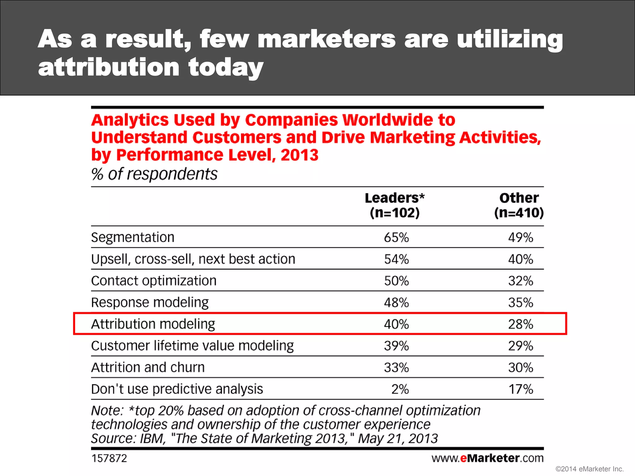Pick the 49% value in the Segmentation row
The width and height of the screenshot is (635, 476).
[520, 238]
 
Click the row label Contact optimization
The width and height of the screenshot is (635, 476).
[154, 281]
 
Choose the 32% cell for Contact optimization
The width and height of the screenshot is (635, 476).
[520, 281]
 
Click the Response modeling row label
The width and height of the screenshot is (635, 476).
[150, 302]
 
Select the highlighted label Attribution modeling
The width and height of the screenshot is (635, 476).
[153, 324]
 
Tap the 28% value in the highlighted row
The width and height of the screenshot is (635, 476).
[520, 324]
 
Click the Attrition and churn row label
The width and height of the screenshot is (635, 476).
[148, 368]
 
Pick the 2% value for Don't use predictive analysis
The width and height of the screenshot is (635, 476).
[400, 390]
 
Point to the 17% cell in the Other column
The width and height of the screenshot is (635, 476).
[520, 390]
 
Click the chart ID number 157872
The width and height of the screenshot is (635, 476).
[109, 458]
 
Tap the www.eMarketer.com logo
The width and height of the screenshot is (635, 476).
[487, 458]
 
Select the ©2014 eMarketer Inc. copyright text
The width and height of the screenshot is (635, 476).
[589, 469]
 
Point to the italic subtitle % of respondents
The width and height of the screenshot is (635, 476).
[154, 174]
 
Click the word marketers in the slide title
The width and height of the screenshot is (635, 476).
[326, 39]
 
